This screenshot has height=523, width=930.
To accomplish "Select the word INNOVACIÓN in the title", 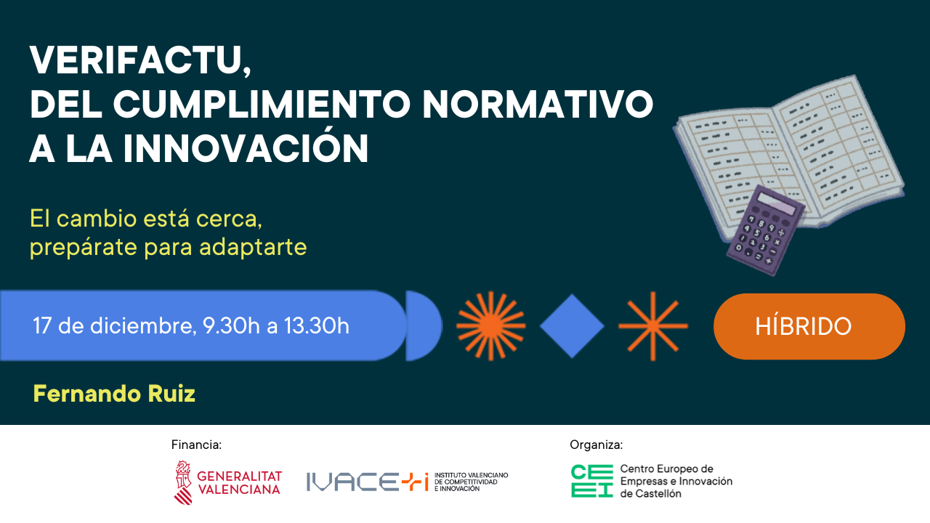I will click(x=246, y=148).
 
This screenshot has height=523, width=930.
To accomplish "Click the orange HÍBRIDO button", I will click(x=809, y=326).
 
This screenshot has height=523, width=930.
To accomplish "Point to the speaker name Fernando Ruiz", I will click(x=114, y=394).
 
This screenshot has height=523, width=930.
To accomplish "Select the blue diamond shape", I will click(x=572, y=326).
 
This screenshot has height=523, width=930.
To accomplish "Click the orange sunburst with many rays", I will click(x=490, y=326).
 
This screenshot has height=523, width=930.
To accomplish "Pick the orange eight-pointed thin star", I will click(x=652, y=326).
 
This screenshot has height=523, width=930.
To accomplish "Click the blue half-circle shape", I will click(x=421, y=326).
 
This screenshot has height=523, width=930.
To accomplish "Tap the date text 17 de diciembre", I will click(x=113, y=326).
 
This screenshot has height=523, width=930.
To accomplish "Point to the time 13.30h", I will click(x=316, y=326).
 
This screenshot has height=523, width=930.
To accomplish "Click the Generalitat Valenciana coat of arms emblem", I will click(x=183, y=482).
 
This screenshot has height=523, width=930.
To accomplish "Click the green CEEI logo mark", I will click(x=591, y=481).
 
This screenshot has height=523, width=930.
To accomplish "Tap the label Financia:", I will click(x=196, y=445).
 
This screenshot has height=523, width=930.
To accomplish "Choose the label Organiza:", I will click(x=596, y=445).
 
